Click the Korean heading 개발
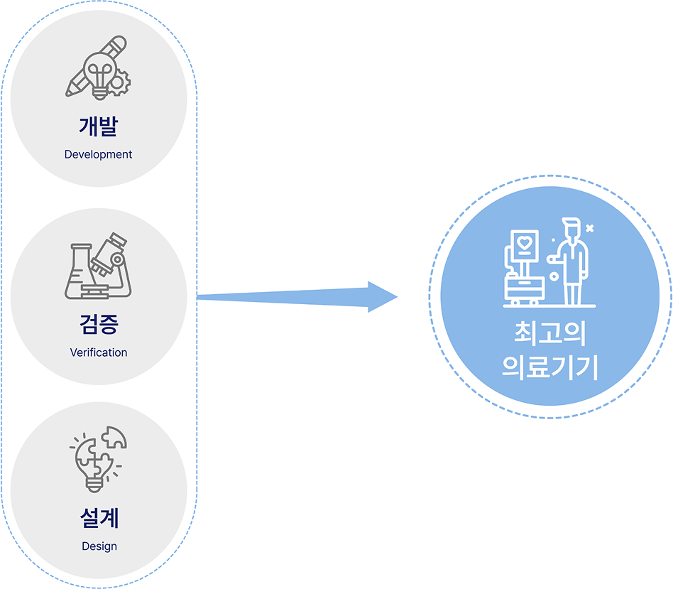coord(99,126)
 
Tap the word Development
coord(99,154)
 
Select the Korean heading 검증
coord(99,325)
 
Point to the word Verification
coord(99,352)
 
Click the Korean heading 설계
coord(99,519)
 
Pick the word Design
coord(99,546)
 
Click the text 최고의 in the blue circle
coord(550,335)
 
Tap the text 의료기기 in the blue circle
coord(550,368)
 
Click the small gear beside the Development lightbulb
coord(120,81)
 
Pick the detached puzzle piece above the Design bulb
coord(114,438)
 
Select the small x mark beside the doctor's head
coord(589,228)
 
